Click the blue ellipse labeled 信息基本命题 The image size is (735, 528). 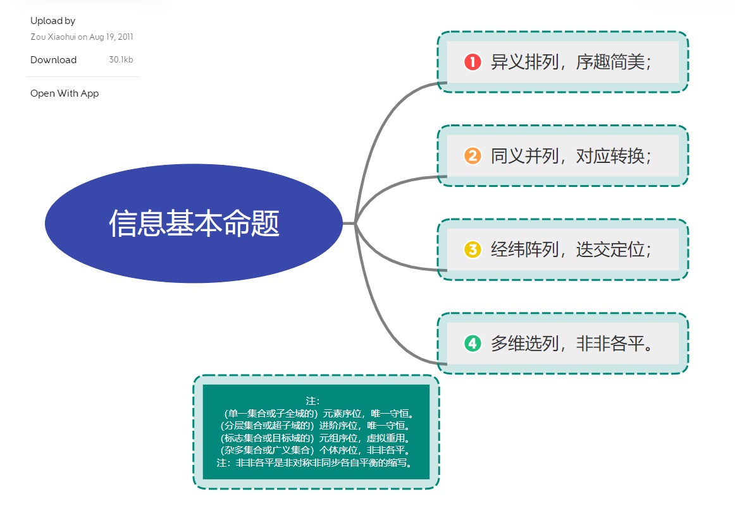[194, 224]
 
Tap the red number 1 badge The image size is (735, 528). [472, 62]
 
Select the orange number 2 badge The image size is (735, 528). [472, 156]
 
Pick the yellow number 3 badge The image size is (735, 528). [472, 249]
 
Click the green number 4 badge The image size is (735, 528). [472, 344]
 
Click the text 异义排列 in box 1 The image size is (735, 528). [524, 62]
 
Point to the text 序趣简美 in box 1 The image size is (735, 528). [610, 62]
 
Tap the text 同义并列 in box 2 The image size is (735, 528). [524, 156]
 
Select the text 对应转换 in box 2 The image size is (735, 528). [610, 156]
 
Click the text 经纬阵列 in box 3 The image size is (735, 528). [524, 249]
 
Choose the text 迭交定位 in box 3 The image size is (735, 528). [610, 249]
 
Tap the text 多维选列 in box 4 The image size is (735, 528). [524, 344]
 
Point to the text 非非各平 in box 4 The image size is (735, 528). [610, 344]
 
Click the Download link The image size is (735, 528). [54, 60]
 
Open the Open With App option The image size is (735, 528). [65, 93]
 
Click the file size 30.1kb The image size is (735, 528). [121, 60]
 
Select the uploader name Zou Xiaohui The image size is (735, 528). [52, 37]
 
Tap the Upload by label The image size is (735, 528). [52, 21]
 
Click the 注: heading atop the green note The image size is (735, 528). [313, 400]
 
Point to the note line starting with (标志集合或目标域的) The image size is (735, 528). [316, 438]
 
